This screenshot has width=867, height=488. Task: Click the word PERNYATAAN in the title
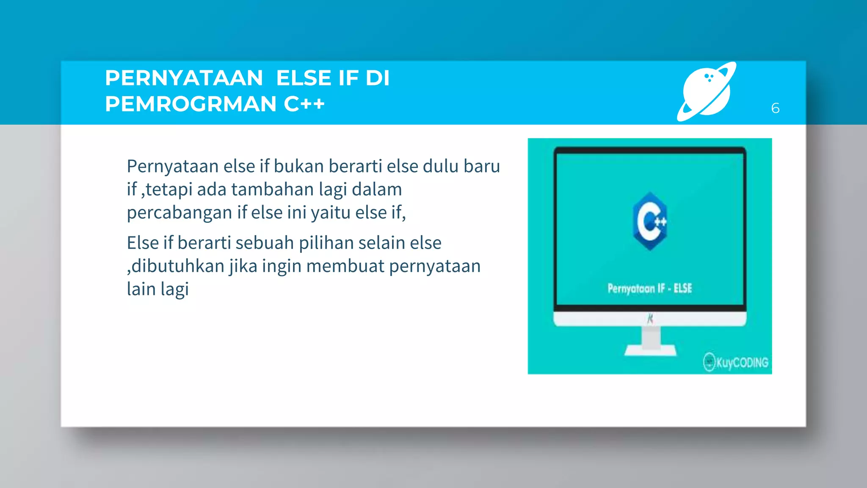[184, 78]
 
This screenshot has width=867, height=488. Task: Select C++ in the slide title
[304, 104]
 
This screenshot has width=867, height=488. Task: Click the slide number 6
[775, 108]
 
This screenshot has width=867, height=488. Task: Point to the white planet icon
[707, 91]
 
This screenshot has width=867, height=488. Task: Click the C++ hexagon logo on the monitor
[650, 221]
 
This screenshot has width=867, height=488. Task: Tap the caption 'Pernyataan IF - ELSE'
[649, 289]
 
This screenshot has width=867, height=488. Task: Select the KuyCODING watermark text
[742, 363]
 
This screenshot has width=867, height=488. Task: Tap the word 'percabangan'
[179, 213]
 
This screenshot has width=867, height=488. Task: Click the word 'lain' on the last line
[141, 289]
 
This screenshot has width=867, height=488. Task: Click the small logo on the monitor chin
[650, 319]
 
